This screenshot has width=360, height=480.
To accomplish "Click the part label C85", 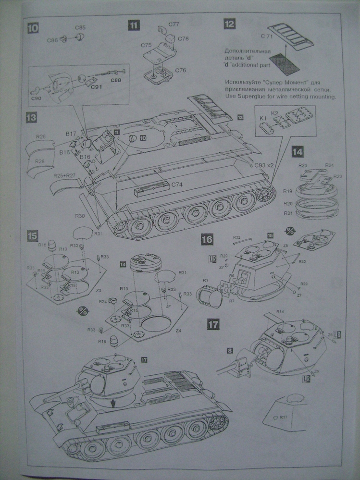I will [x=80, y=27].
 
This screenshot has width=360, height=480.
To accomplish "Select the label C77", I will [x=174, y=24].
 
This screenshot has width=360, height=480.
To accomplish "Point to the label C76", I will [x=180, y=70].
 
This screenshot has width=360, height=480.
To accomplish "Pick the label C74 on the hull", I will [x=178, y=184].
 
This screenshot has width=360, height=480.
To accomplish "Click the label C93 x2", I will [x=264, y=165].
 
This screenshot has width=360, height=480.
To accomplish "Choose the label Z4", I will [x=179, y=331].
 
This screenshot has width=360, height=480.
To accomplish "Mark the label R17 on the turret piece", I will [x=283, y=417].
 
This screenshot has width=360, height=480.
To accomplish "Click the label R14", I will [x=280, y=312].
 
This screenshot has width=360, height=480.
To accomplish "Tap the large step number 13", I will [x=32, y=118].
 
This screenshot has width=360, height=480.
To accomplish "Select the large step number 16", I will [x=207, y=239].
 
